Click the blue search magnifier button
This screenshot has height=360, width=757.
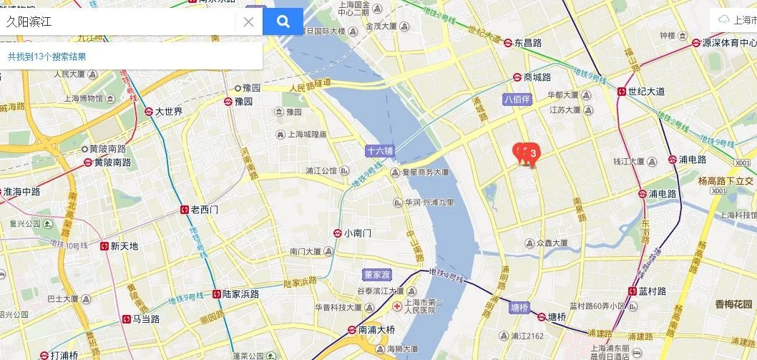coord(283,21)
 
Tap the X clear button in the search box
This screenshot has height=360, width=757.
coord(248,21)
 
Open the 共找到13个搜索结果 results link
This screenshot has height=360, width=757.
coord(47,56)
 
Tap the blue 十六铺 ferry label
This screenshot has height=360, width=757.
coord(379,151)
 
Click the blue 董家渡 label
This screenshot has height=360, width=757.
coord(376,274)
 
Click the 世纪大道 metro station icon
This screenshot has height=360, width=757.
coord(621,91)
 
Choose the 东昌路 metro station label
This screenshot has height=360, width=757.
coord(527,43)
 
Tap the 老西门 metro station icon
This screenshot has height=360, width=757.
coord(184,210)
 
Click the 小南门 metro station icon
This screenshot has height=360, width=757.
coord(337,233)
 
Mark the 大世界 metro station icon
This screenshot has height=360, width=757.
coord(148,112)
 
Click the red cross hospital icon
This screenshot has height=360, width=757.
coord(398,306)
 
